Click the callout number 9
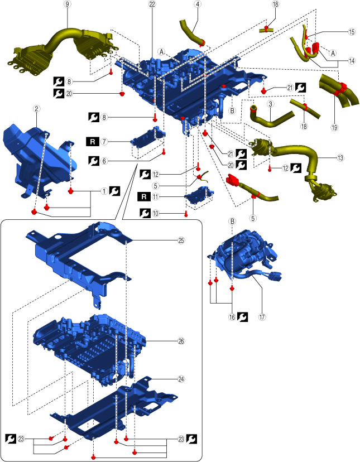point(68,4)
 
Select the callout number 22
point(152,4)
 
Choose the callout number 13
point(340,158)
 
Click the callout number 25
point(181,240)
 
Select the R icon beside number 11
point(145,196)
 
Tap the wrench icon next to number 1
point(115,190)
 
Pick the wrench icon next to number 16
point(242,317)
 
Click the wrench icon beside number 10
point(145,213)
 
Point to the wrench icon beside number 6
point(94,160)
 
